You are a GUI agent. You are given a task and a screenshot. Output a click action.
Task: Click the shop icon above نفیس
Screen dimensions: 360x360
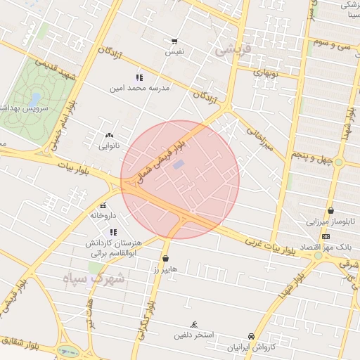174,41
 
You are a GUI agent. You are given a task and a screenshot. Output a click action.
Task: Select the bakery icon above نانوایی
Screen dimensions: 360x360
108,134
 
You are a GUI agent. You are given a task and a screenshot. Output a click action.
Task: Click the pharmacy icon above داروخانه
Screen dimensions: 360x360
103,205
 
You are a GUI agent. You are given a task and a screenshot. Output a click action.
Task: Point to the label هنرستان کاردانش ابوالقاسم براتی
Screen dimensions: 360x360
113,247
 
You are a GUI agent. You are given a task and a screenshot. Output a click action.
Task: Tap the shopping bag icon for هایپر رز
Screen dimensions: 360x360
165,258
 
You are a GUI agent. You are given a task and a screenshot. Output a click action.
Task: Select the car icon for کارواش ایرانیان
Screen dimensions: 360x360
252,337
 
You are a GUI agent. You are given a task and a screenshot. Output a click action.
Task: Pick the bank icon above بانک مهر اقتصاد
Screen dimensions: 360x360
325,236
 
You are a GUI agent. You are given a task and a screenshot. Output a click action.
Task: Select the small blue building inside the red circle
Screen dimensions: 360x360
179,165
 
